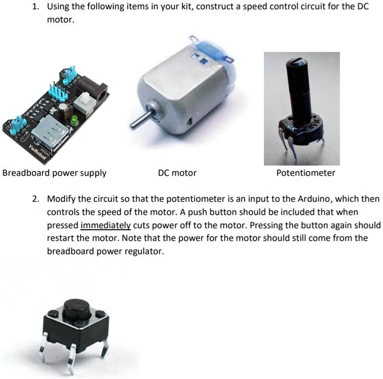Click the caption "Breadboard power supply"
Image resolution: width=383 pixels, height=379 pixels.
pyautogui.click(x=54, y=173)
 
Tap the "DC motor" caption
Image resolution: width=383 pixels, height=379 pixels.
pyautogui.click(x=177, y=173)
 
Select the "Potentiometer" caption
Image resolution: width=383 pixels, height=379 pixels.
pyautogui.click(x=306, y=173)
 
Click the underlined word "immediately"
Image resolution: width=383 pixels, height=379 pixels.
pyautogui.click(x=105, y=225)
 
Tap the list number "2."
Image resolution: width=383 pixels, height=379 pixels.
pyautogui.click(x=36, y=199)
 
